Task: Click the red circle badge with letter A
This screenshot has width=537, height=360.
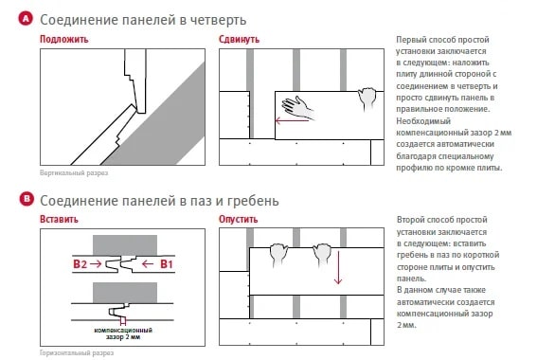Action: pos(26,19)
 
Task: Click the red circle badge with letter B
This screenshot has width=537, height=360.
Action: pos(27,199)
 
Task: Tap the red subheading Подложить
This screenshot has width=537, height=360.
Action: pos(64,40)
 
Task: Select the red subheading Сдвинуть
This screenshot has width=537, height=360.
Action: pos(239,40)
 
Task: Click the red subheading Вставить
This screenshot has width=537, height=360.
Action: pos(59,219)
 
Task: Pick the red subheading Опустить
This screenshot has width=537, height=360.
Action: pos(239,219)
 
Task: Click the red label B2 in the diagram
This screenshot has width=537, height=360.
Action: pos(80,264)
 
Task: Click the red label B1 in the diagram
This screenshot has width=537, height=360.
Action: pos(167,264)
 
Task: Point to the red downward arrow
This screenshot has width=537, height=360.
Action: pos(338,268)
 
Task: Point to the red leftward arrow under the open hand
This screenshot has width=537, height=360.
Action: pos(292,120)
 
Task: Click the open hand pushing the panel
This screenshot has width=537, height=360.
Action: pos(297,108)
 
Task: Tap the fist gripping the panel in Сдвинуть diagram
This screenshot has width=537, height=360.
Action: pos(367,99)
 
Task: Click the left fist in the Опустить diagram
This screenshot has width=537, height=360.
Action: pos(278,255)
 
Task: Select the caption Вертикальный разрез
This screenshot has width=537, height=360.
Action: pos(74,173)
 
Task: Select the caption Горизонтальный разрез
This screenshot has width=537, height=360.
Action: pos(77,352)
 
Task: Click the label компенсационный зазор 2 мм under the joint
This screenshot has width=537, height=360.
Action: pos(123,333)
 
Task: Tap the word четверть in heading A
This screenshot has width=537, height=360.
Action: pos(218,20)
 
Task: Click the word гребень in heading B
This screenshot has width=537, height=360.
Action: pos(253,201)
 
